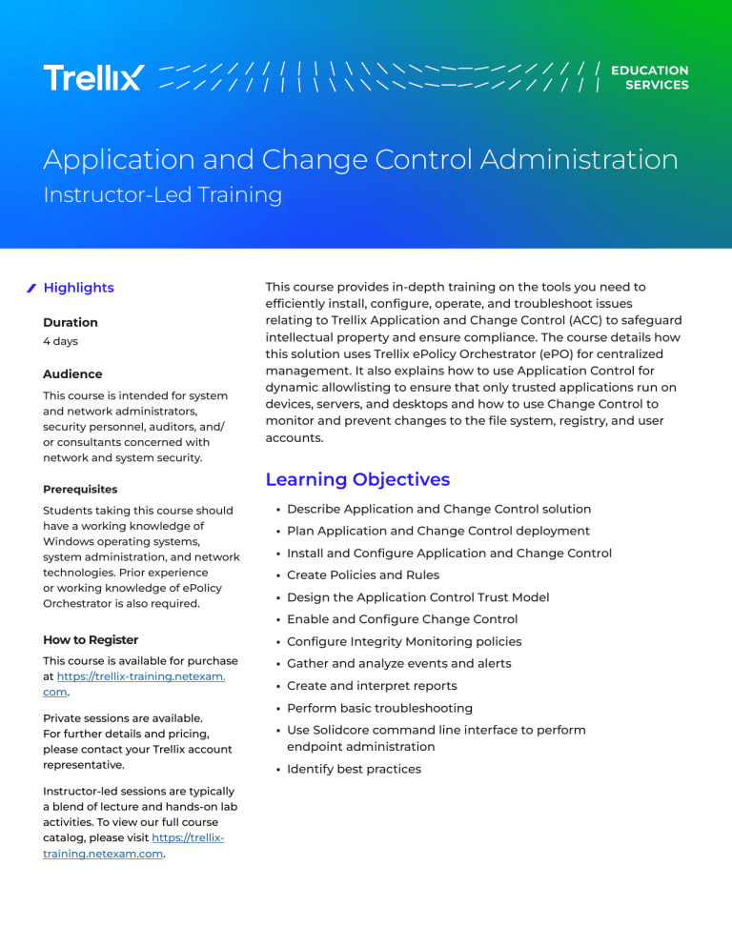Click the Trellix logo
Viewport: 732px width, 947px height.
pos(93,77)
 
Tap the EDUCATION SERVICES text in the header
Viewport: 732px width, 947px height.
pos(650,77)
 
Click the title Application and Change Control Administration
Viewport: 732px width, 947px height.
pos(360,159)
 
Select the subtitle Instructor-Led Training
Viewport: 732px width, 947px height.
pos(162,195)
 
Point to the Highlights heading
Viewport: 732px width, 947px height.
pos(78,288)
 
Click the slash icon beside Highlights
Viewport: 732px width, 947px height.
pos(31,288)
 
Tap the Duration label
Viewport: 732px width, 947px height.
pos(71,323)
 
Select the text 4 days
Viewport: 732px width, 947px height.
pos(62,340)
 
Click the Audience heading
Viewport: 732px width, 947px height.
pos(72,374)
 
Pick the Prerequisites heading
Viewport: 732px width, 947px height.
pos(80,490)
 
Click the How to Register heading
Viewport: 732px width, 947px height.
pos(91,640)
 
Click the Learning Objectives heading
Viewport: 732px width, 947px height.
pos(357,479)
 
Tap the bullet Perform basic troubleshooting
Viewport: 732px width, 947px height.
pos(379,708)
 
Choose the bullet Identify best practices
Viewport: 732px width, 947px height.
pos(354,769)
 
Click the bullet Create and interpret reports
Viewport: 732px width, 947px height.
pos(372,686)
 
